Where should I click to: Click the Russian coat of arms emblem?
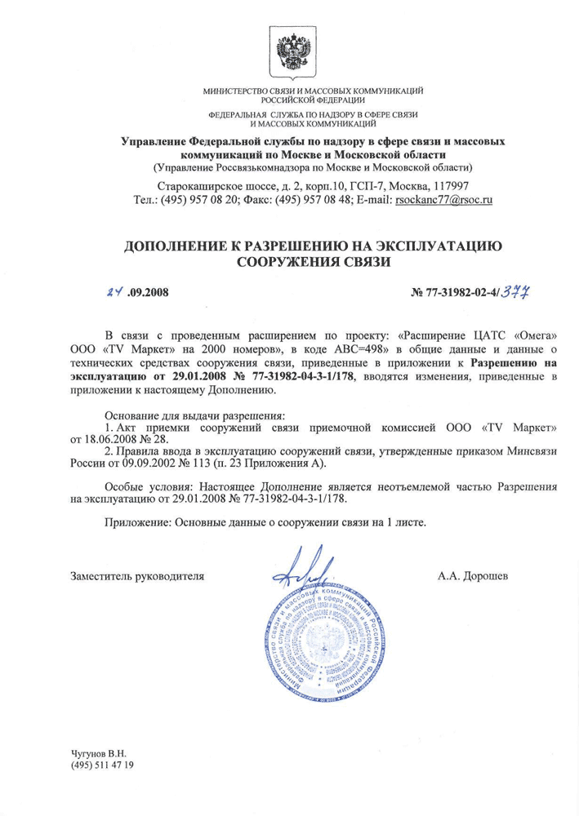pos(289,51)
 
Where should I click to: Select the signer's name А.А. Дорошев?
pos(473,576)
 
